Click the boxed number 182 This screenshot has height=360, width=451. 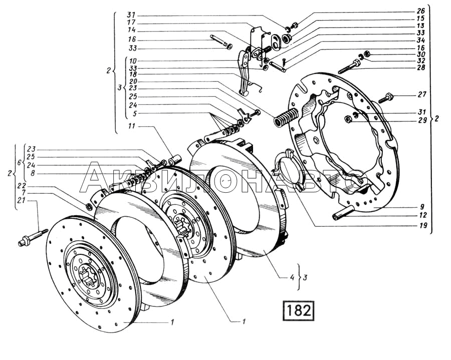point(298,310)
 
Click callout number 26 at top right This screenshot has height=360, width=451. point(420,11)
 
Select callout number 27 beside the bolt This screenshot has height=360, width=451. point(421,94)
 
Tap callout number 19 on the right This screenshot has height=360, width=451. point(423,225)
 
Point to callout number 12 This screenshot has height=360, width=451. point(423,215)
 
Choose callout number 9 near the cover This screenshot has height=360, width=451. point(421,206)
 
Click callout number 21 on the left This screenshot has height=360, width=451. point(21,201)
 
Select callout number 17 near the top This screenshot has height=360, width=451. point(132,23)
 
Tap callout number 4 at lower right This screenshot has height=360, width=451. point(292,277)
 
